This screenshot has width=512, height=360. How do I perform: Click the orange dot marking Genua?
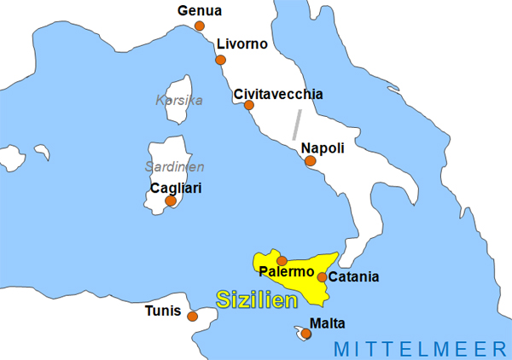[x=200, y=26]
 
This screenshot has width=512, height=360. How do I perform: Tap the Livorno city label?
[x=242, y=44]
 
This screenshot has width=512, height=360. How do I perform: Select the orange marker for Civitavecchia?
[x=249, y=106]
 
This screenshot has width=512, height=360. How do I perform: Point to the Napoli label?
[x=323, y=148]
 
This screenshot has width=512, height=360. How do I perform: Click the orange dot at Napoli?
[x=311, y=160]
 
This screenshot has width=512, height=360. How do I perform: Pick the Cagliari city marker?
[x=171, y=201]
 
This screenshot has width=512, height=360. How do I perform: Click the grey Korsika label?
[x=179, y=100]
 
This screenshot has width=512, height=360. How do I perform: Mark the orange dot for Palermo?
[x=282, y=261]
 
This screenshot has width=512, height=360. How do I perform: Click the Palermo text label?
[x=287, y=272]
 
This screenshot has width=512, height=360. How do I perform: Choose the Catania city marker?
[x=322, y=276]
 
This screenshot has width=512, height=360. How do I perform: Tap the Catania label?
[x=353, y=276]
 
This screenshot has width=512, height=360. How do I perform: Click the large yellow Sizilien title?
[x=256, y=299]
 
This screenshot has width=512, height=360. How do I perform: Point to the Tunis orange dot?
[x=192, y=316]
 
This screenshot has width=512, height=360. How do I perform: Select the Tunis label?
[x=163, y=311]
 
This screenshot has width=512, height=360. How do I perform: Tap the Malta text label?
[x=329, y=323]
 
